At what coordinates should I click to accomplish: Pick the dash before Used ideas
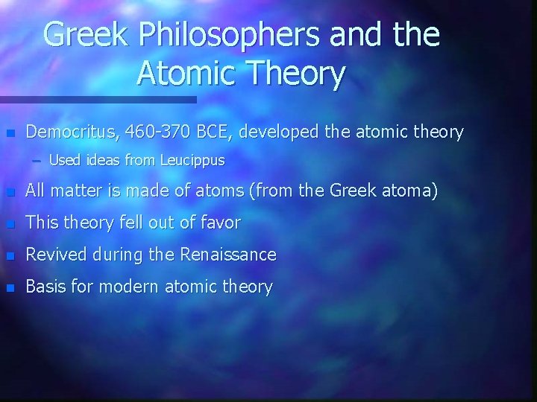[37, 160]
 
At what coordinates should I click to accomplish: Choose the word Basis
[44, 287]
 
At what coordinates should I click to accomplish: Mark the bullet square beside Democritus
[10, 134]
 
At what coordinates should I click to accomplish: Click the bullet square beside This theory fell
[10, 224]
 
